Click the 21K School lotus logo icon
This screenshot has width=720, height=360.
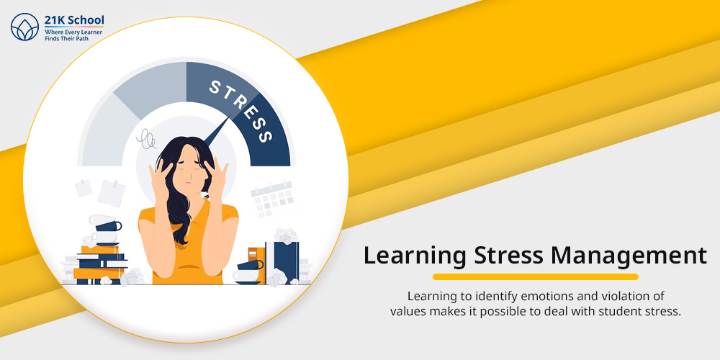coord(24,27)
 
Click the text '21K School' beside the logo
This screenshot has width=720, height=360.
coord(74,20)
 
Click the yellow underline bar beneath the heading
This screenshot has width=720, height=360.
coord(536,277)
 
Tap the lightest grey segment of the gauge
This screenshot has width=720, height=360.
coord(103,132)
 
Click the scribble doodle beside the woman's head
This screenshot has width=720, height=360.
coord(146,139)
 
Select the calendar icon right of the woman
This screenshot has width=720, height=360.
coord(272,199)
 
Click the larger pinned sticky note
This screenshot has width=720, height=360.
coord(112,193)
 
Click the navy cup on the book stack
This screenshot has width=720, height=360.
coord(109,226)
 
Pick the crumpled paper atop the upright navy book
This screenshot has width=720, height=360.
coord(286,235)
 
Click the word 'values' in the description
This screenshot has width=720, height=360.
coord(405,311)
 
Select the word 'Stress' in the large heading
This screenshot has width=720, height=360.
coord(502,256)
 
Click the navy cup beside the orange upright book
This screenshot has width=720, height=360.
coord(251,265)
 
